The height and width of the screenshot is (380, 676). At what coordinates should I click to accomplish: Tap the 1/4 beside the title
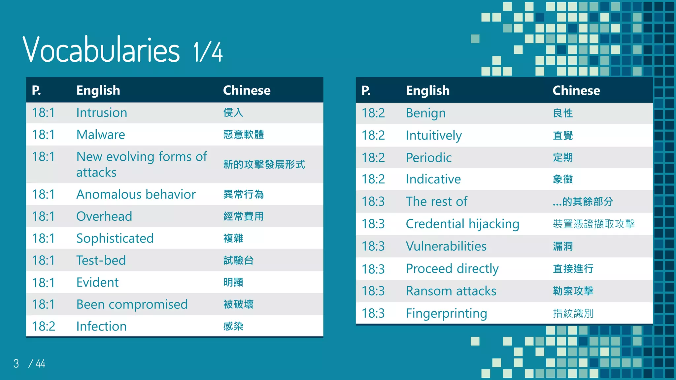(x=208, y=52)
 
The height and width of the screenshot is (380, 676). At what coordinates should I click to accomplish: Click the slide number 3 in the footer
(x=16, y=364)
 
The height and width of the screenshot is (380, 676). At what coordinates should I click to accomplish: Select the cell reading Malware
(x=101, y=135)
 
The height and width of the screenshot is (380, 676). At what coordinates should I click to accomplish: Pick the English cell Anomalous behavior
(x=136, y=194)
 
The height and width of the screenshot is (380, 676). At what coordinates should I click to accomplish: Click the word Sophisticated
(x=115, y=238)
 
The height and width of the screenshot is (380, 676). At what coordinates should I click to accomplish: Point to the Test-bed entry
(x=101, y=260)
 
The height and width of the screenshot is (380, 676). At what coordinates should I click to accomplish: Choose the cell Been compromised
(x=132, y=304)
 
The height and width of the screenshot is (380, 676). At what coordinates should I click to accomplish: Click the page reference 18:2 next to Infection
(x=44, y=326)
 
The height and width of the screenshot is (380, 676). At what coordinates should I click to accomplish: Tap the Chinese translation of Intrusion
(x=233, y=112)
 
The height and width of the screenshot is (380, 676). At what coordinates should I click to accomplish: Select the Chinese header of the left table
(x=247, y=90)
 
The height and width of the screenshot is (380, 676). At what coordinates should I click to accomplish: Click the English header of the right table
(x=428, y=90)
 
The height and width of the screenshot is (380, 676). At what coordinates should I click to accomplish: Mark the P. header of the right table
(x=366, y=90)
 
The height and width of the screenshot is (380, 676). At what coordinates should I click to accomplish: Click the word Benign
(x=426, y=113)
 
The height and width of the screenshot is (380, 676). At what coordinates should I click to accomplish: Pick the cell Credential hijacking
(x=462, y=224)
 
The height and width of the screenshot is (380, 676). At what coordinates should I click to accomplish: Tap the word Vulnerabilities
(x=446, y=246)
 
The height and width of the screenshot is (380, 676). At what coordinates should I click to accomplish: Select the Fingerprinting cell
(x=446, y=313)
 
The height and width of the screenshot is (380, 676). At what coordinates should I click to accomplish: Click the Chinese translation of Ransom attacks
(x=573, y=291)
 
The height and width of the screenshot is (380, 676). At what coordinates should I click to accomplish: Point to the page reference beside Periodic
(x=373, y=158)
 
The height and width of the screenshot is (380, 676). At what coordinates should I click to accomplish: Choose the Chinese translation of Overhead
(x=244, y=216)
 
